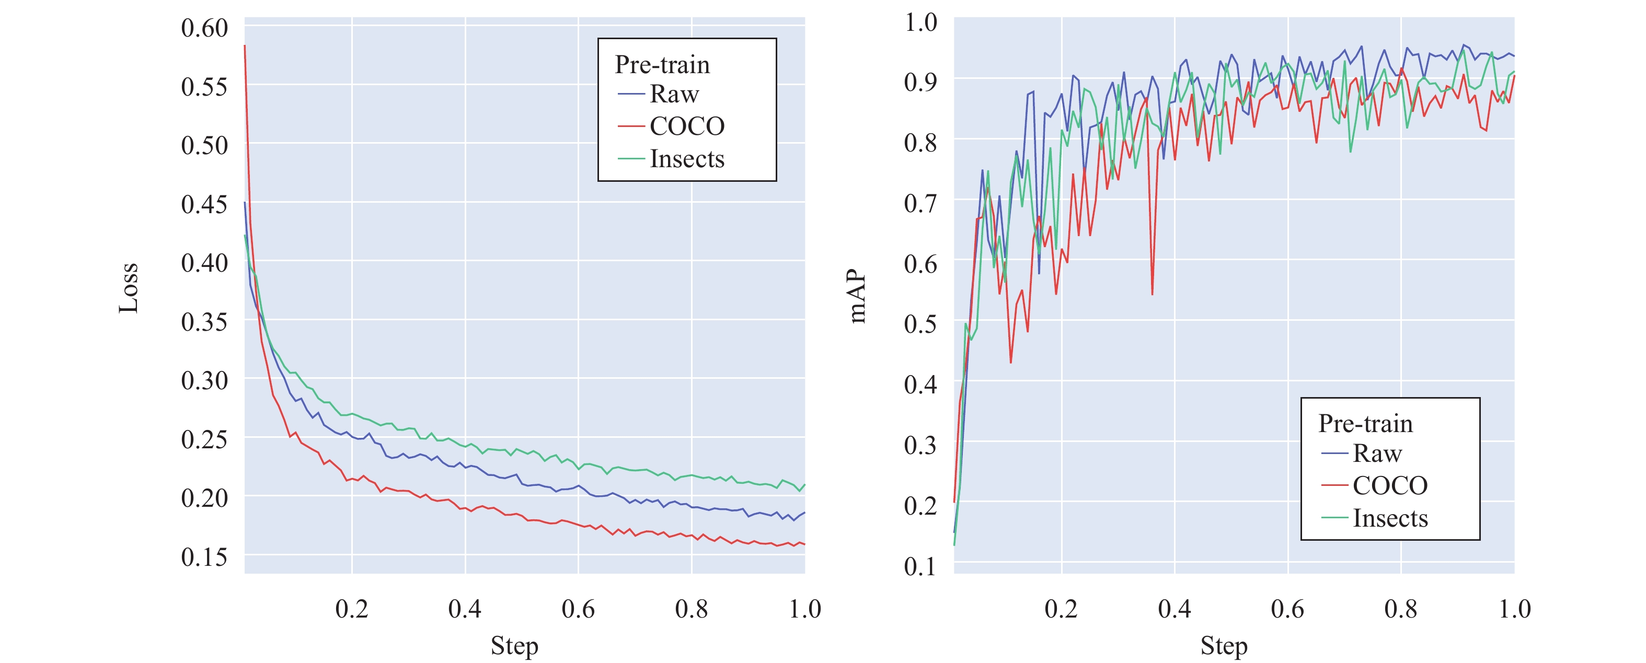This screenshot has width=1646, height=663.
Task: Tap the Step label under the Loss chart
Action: click(x=514, y=646)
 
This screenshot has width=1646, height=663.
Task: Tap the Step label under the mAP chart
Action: click(x=1224, y=646)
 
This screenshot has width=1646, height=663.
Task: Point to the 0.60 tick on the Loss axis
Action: click(x=204, y=28)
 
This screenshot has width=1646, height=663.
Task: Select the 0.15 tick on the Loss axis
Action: click(x=204, y=557)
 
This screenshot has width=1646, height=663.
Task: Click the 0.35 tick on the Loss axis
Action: click(x=204, y=322)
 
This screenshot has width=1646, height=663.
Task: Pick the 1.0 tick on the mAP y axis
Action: click(x=921, y=23)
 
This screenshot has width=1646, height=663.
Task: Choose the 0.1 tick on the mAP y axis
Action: click(x=921, y=566)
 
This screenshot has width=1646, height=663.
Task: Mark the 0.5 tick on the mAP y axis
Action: click(x=921, y=324)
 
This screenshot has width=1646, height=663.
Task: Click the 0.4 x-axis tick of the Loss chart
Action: click(x=465, y=609)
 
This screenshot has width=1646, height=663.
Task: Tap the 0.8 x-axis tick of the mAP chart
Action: click(x=1401, y=609)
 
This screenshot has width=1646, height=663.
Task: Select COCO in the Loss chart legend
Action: click(x=687, y=126)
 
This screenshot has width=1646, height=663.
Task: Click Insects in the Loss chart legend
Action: click(x=687, y=159)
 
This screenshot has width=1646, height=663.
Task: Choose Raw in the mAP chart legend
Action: click(x=1377, y=453)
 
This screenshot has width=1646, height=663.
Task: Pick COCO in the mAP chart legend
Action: click(x=1390, y=485)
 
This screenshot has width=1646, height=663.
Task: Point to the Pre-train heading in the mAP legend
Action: click(x=1365, y=424)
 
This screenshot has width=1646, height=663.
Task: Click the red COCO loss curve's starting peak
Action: click(x=245, y=46)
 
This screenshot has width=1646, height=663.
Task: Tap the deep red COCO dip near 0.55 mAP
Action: click(x=1152, y=293)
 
